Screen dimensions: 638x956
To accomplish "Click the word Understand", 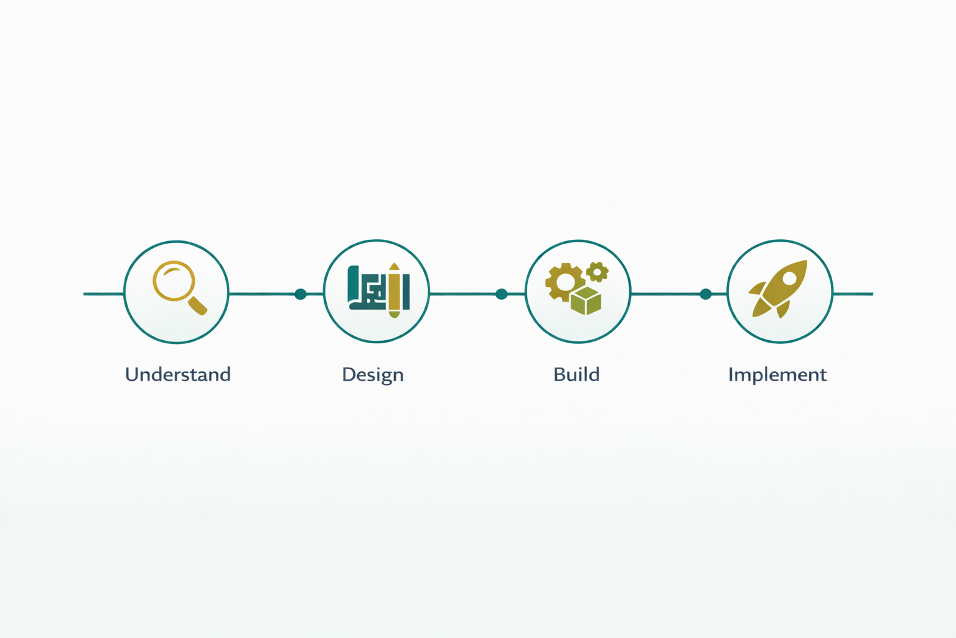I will coord(178,374).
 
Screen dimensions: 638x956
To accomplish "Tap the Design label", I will coord(373,374).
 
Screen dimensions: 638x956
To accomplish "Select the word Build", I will coord(576,374).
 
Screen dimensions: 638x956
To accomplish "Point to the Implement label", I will coord(777,374).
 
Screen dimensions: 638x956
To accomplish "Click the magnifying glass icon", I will coord(177,285).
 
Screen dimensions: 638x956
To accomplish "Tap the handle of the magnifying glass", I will coord(198,305).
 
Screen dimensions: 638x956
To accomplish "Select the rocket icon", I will coord(780,288).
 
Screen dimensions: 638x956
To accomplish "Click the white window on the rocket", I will coord(789,277).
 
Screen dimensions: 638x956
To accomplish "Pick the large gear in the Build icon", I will coord(565,282).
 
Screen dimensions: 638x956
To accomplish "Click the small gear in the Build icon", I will coord(597,272).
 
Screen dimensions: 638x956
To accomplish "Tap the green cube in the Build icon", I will coord(586,301).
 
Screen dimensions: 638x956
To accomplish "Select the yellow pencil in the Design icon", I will coord(394,290).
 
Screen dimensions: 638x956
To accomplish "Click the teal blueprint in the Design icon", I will coord(367,288).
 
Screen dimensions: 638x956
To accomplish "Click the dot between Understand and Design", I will coord(301,293).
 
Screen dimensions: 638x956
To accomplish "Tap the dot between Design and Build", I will coord(502,293).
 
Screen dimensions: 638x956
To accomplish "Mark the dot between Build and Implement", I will coord(705,293).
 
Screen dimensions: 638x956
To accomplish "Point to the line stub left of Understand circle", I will coord(103,293).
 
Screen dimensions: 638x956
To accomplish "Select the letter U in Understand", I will coord(131,374).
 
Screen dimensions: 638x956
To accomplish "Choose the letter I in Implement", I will coord(731,374).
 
